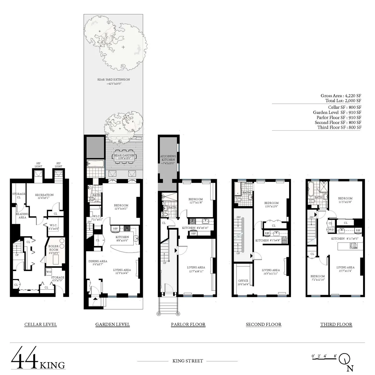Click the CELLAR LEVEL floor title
pos(41,324)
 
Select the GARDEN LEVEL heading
pos(112,324)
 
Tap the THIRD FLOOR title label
pos(336,324)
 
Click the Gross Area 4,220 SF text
pos(341,96)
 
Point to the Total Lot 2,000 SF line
pos(343,101)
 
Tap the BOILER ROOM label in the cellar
pos(54,248)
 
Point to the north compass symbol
pos(345,359)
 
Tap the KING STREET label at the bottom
pos(187,361)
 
